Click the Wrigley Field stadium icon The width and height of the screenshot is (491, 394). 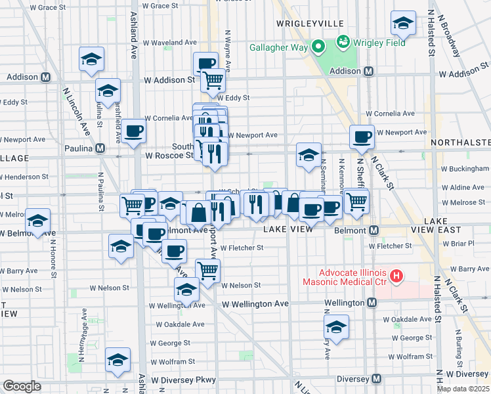pyautogui.click(x=342, y=43)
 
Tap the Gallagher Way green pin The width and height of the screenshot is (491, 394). pyautogui.click(x=318, y=46)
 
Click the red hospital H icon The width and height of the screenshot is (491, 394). pyautogui.click(x=396, y=276)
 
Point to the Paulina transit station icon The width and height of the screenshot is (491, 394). pyautogui.click(x=99, y=148)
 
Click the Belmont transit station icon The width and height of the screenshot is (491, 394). pyautogui.click(x=374, y=230)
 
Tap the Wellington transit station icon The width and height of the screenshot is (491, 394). pyautogui.click(x=372, y=303)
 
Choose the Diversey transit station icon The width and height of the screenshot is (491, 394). pyautogui.click(x=376, y=379)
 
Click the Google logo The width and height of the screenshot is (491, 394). pyautogui.click(x=22, y=386)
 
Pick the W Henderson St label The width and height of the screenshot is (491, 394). pyautogui.click(x=24, y=177)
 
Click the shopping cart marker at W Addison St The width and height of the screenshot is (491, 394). pyautogui.click(x=213, y=80)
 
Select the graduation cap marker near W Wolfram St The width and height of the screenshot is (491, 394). pyautogui.click(x=118, y=360)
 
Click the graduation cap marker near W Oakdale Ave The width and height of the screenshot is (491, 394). pyautogui.click(x=336, y=326)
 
